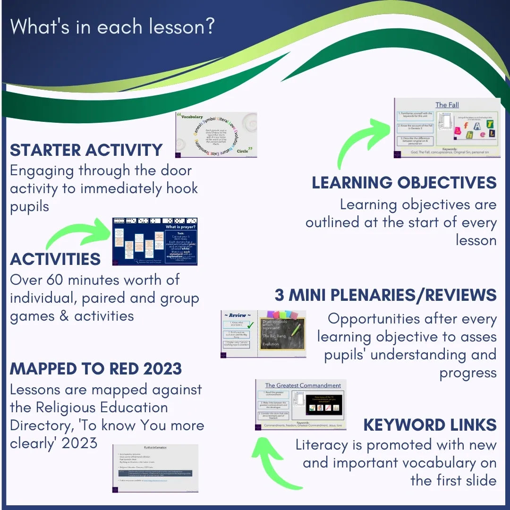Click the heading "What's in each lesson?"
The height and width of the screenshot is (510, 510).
(x=112, y=26)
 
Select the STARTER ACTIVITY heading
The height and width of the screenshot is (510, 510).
(x=86, y=150)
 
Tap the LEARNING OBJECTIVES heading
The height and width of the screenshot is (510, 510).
(x=404, y=183)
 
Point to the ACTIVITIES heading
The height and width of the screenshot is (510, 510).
(x=55, y=259)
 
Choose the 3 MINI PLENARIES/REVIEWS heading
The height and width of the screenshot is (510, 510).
(x=385, y=295)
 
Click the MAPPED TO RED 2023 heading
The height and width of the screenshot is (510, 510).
(x=96, y=369)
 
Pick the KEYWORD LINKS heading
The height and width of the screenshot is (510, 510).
(x=430, y=425)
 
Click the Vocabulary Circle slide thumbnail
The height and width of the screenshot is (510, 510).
(x=216, y=135)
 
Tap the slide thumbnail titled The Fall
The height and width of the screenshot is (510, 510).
(x=447, y=128)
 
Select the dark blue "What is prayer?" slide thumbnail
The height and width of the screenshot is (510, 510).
(x=155, y=241)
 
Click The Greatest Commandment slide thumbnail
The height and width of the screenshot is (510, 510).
(x=301, y=405)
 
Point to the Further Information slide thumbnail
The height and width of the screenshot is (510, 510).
(x=155, y=468)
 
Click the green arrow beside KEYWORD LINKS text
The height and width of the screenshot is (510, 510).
(x=274, y=463)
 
